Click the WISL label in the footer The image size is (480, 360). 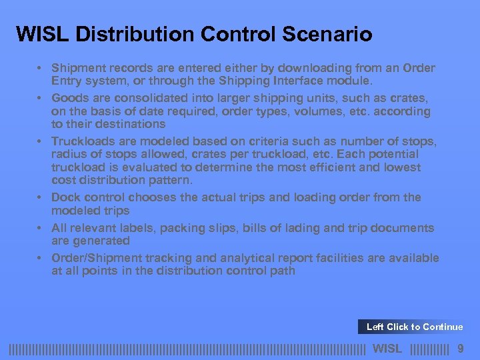387,348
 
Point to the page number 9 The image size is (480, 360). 460,348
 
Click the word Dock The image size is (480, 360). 65,197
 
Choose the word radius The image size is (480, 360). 69,155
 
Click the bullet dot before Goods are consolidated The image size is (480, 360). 41,98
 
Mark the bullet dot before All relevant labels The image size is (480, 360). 41,228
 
